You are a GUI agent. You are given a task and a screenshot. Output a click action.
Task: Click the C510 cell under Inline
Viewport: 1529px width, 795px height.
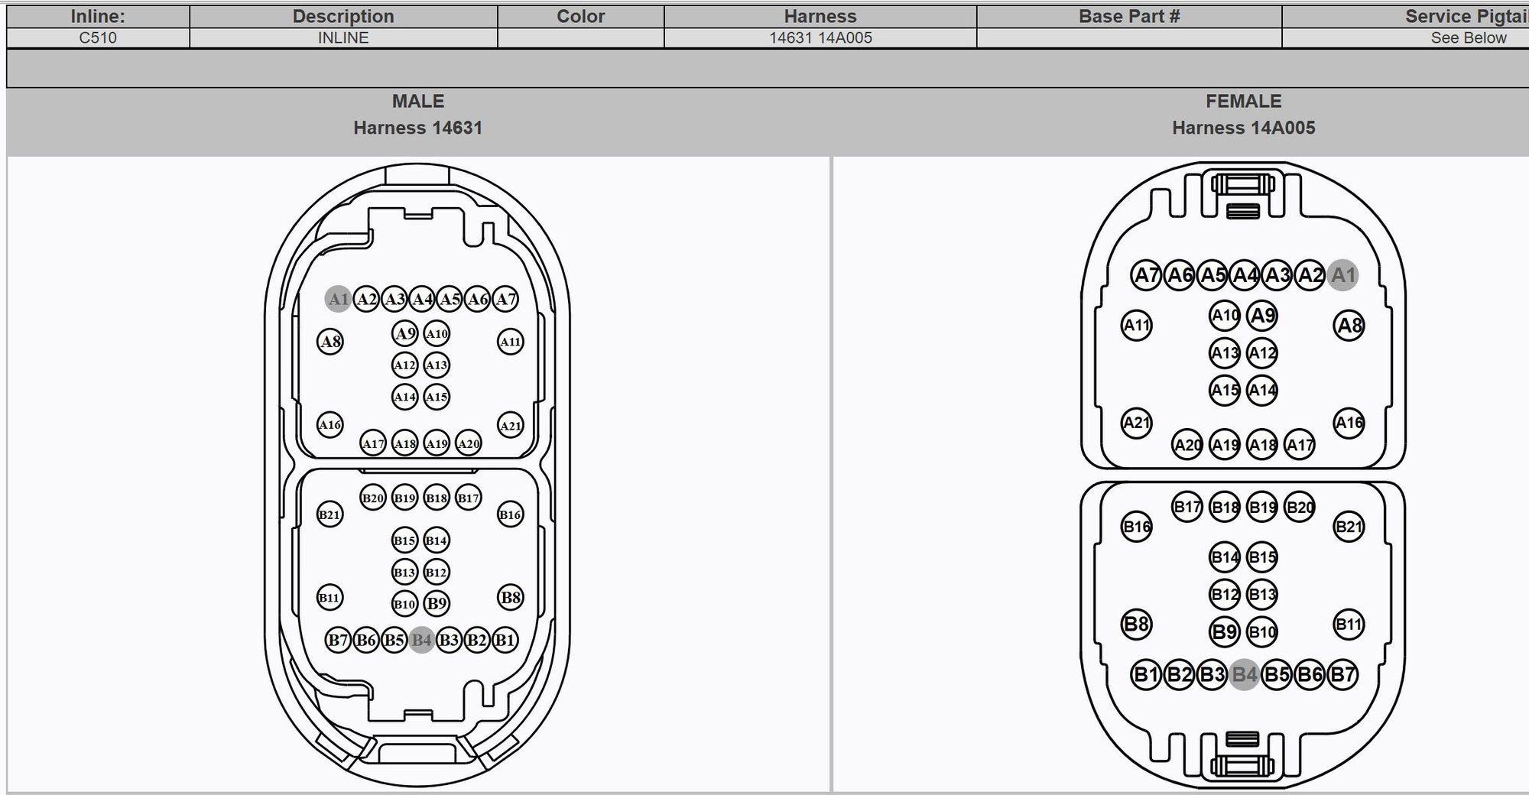(x=98, y=37)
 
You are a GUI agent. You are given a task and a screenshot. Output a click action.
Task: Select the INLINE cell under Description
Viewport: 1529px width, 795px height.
(x=343, y=37)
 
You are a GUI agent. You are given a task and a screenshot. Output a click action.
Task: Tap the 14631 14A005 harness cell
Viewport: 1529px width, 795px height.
(x=820, y=37)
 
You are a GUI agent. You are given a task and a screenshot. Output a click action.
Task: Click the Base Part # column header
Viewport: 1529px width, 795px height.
(x=1129, y=16)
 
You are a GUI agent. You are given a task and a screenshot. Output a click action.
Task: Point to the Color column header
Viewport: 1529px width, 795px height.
(x=580, y=16)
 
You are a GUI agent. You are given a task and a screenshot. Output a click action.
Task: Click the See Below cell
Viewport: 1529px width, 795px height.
(x=1469, y=37)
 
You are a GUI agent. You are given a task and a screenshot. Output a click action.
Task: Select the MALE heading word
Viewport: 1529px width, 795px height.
(x=418, y=101)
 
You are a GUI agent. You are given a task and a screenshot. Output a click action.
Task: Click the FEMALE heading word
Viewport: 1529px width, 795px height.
(x=1244, y=101)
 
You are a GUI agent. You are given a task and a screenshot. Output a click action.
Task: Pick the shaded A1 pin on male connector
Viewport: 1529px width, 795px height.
(x=338, y=299)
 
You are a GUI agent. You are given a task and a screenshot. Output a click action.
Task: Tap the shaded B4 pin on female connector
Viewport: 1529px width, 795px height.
(x=1245, y=674)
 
